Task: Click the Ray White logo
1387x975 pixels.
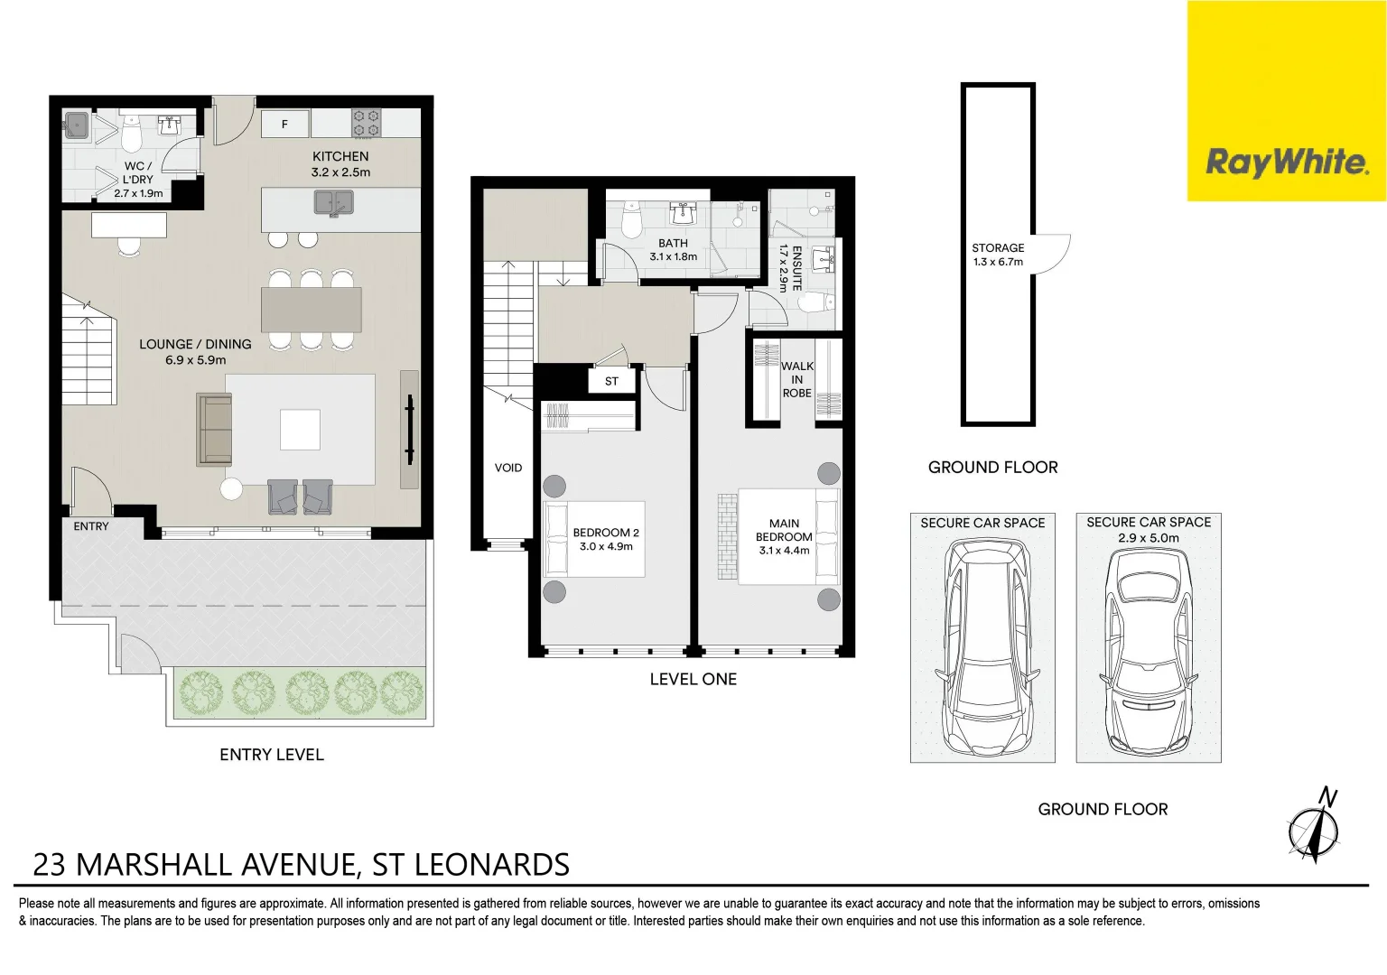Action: tap(1286, 162)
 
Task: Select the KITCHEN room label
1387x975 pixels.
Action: tap(340, 156)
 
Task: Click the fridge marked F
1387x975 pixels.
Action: tap(284, 124)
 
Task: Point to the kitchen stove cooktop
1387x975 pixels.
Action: tap(366, 123)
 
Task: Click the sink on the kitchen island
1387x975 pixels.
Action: tap(333, 202)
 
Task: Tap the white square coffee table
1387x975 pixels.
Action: tap(300, 429)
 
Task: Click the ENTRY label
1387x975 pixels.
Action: tap(91, 526)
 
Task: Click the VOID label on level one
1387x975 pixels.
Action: tap(508, 468)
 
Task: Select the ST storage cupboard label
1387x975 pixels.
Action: tap(611, 381)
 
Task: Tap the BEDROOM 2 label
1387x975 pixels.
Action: tap(606, 533)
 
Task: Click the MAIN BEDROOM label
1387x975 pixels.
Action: tap(784, 530)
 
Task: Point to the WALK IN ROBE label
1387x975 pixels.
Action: tap(796, 379)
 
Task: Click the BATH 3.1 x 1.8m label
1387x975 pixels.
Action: tap(673, 250)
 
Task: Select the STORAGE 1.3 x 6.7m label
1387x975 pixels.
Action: tap(998, 255)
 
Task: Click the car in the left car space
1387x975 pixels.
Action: tap(982, 648)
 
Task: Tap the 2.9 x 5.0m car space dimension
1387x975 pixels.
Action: tap(1148, 538)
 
